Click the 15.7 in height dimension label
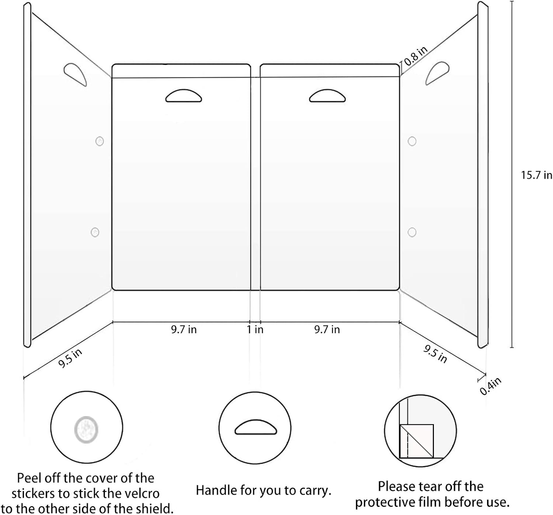(536, 175)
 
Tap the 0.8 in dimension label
(416, 56)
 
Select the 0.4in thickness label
(491, 386)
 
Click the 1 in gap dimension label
(255, 329)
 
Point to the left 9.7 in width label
(184, 329)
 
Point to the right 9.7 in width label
(327, 329)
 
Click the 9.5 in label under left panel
(70, 358)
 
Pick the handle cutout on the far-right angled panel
(437, 73)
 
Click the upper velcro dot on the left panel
(100, 141)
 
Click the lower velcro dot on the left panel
(95, 232)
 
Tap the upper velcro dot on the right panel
(412, 141)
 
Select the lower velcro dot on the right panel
(412, 232)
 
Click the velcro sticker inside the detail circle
(86, 429)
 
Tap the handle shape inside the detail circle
(255, 428)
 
